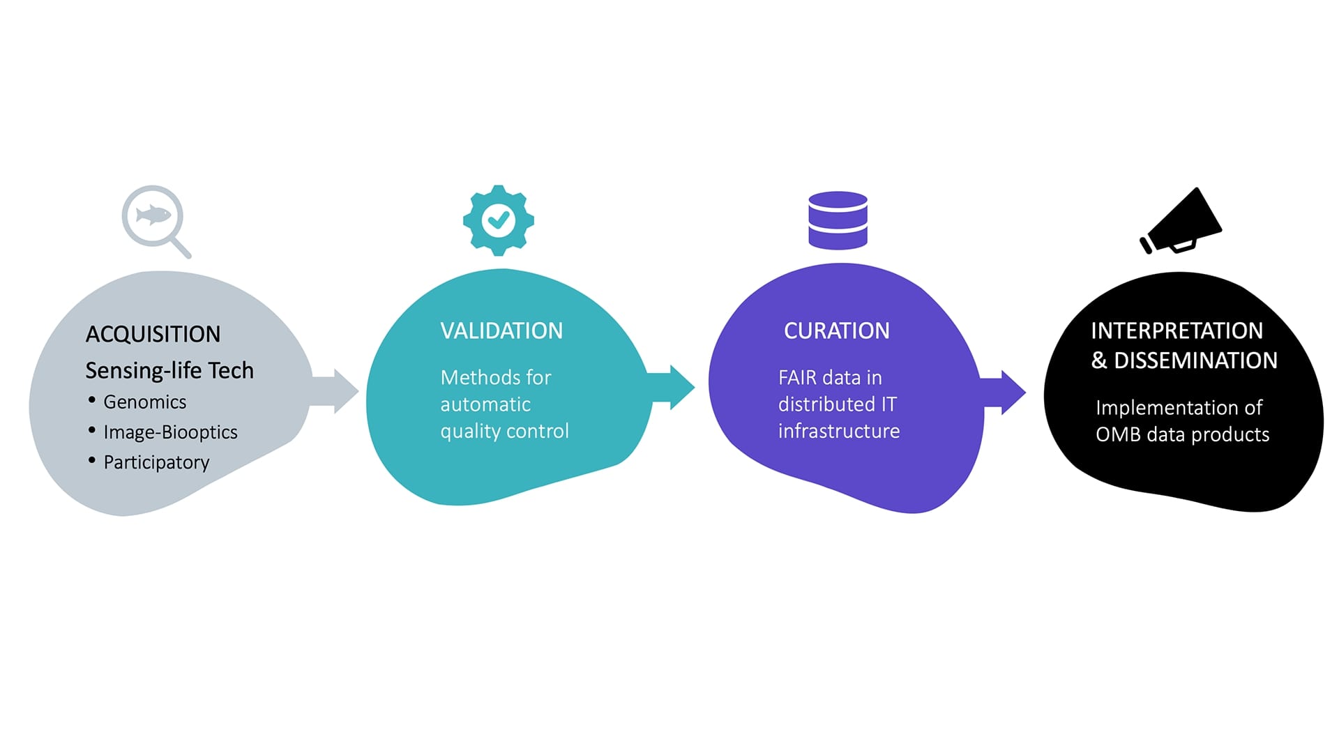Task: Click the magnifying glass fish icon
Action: [154, 218]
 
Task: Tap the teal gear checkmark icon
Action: [498, 220]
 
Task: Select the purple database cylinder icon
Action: [838, 220]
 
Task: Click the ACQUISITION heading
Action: [153, 335]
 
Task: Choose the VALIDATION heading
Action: [501, 331]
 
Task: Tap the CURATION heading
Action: [836, 331]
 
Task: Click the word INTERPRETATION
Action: [1177, 330]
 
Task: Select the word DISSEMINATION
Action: [1195, 360]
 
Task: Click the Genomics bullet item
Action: [144, 402]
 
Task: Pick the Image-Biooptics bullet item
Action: [170, 432]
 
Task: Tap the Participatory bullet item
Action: [156, 462]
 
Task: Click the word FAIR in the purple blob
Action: [797, 378]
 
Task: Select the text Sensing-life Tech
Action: [169, 371]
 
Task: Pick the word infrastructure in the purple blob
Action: [839, 432]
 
